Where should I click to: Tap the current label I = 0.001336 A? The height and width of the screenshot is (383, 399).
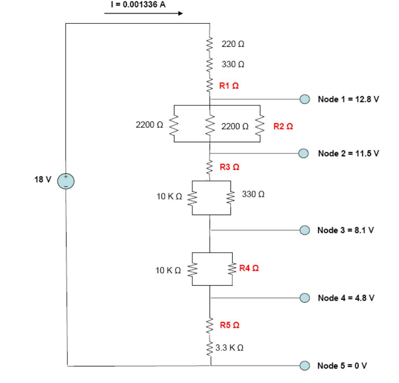tap(138, 5)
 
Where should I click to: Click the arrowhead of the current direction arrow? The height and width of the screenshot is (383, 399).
tap(181, 13)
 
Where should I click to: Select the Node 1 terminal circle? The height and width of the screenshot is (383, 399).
tap(305, 99)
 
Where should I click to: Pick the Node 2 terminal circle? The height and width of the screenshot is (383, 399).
tap(304, 153)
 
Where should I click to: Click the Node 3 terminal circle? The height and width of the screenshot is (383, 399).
tap(305, 230)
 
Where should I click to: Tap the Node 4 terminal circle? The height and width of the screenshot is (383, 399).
tap(305, 298)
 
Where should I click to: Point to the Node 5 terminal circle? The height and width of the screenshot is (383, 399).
tap(305, 365)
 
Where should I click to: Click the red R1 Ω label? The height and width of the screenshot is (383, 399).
tap(229, 86)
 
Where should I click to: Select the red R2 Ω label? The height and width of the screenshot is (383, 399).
tap(283, 126)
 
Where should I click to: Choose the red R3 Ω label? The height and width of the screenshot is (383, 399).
tap(229, 167)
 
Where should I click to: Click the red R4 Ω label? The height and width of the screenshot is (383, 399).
tap(249, 268)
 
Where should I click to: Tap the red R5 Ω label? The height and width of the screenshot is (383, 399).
tap(230, 325)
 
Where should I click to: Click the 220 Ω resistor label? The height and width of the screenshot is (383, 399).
tap(233, 44)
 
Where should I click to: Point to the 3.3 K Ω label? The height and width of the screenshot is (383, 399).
tap(229, 348)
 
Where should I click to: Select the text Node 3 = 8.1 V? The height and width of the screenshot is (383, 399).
tap(345, 230)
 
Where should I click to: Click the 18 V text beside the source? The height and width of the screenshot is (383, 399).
tap(43, 179)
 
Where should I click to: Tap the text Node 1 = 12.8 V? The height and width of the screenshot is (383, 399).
tap(348, 99)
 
